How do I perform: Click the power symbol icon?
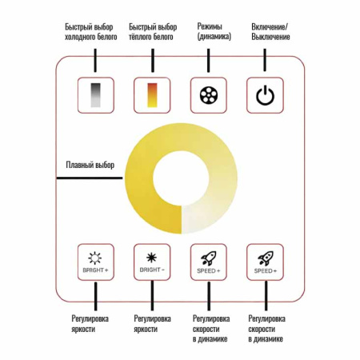pos(265,95)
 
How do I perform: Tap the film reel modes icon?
pos(209,95)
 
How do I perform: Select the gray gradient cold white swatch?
pos(96,95)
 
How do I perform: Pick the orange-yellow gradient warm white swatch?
pos(152,95)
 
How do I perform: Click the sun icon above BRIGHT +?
pos(94,258)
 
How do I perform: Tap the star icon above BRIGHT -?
pos(152,258)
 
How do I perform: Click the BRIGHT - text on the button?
pos(152,270)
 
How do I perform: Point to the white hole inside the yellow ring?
pos(181,178)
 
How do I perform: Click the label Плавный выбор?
pos(90,165)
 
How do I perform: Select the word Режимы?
pos(210,26)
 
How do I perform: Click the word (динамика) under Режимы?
pos(214,36)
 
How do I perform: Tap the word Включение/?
pos(270,26)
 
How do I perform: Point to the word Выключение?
pos(270,37)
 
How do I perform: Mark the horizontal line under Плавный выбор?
pos(90,178)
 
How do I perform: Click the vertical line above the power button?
pos(265,60)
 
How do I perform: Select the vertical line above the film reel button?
pos(209,60)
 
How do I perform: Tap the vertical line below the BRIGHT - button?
pos(152,295)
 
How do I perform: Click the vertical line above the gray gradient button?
pos(95,60)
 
